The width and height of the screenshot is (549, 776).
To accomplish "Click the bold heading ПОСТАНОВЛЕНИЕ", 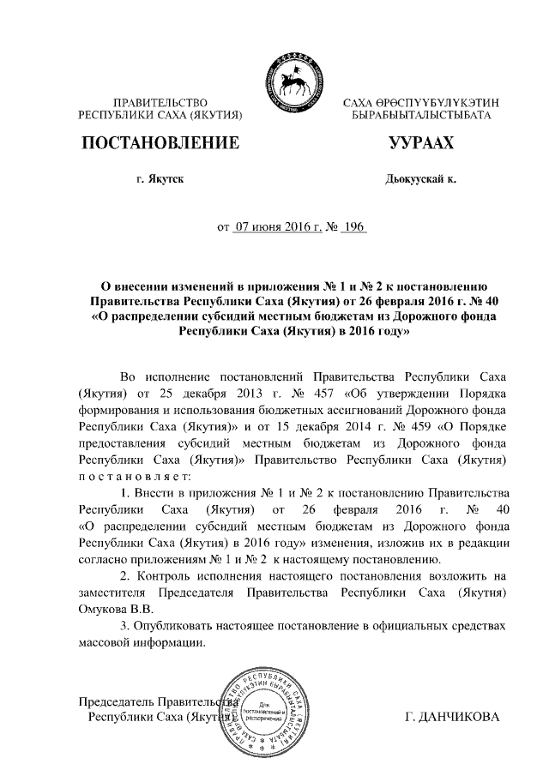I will point(159,143).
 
